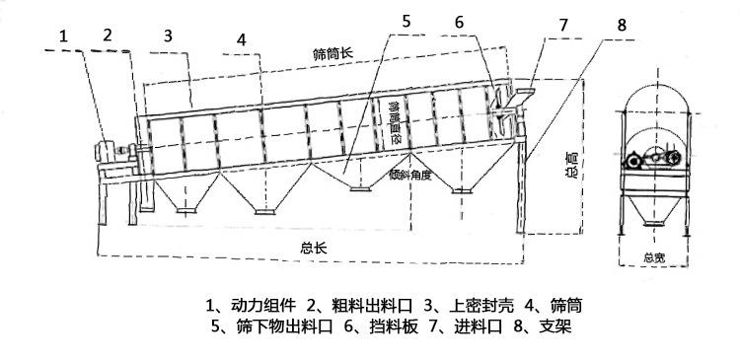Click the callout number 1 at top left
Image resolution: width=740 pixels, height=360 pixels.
pyautogui.click(x=64, y=36)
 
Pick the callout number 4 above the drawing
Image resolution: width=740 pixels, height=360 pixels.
pyautogui.click(x=241, y=41)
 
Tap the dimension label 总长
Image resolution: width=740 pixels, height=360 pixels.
pyautogui.click(x=315, y=247)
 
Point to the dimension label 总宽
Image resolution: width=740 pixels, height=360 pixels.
pyautogui.click(x=654, y=258)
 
